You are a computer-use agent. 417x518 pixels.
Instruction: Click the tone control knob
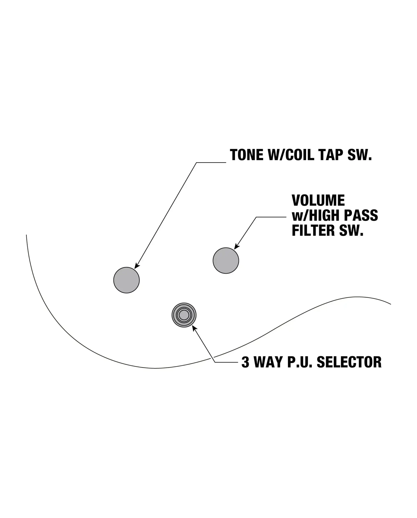126,280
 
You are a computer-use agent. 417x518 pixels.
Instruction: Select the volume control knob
226,260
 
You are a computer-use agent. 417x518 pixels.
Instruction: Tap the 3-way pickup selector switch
184,315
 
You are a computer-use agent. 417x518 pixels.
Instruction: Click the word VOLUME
318,200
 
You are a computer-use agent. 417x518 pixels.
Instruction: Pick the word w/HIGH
316,215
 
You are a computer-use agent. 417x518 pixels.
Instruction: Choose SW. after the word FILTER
351,230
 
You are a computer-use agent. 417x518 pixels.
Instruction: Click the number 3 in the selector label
245,362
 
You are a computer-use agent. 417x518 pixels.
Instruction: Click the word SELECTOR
349,362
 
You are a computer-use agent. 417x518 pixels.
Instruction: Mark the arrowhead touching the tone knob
137,266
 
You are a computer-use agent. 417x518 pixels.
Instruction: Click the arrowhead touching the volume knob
237,246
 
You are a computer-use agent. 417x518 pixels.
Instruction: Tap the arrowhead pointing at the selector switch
195,329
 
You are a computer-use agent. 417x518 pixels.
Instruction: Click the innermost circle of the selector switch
184,315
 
